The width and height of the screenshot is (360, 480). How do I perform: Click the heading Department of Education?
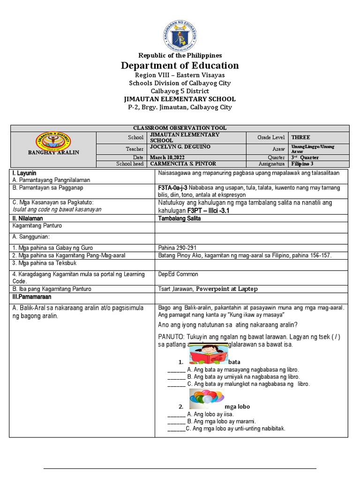click(x=180, y=65)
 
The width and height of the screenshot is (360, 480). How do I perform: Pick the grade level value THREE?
click(x=301, y=137)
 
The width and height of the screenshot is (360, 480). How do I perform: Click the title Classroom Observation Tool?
click(x=180, y=128)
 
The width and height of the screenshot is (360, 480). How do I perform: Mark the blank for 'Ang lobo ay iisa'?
click(x=176, y=414)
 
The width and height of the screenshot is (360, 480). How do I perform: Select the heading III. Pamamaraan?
click(x=32, y=297)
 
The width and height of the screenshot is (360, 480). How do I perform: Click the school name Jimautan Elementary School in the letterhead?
click(x=180, y=99)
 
